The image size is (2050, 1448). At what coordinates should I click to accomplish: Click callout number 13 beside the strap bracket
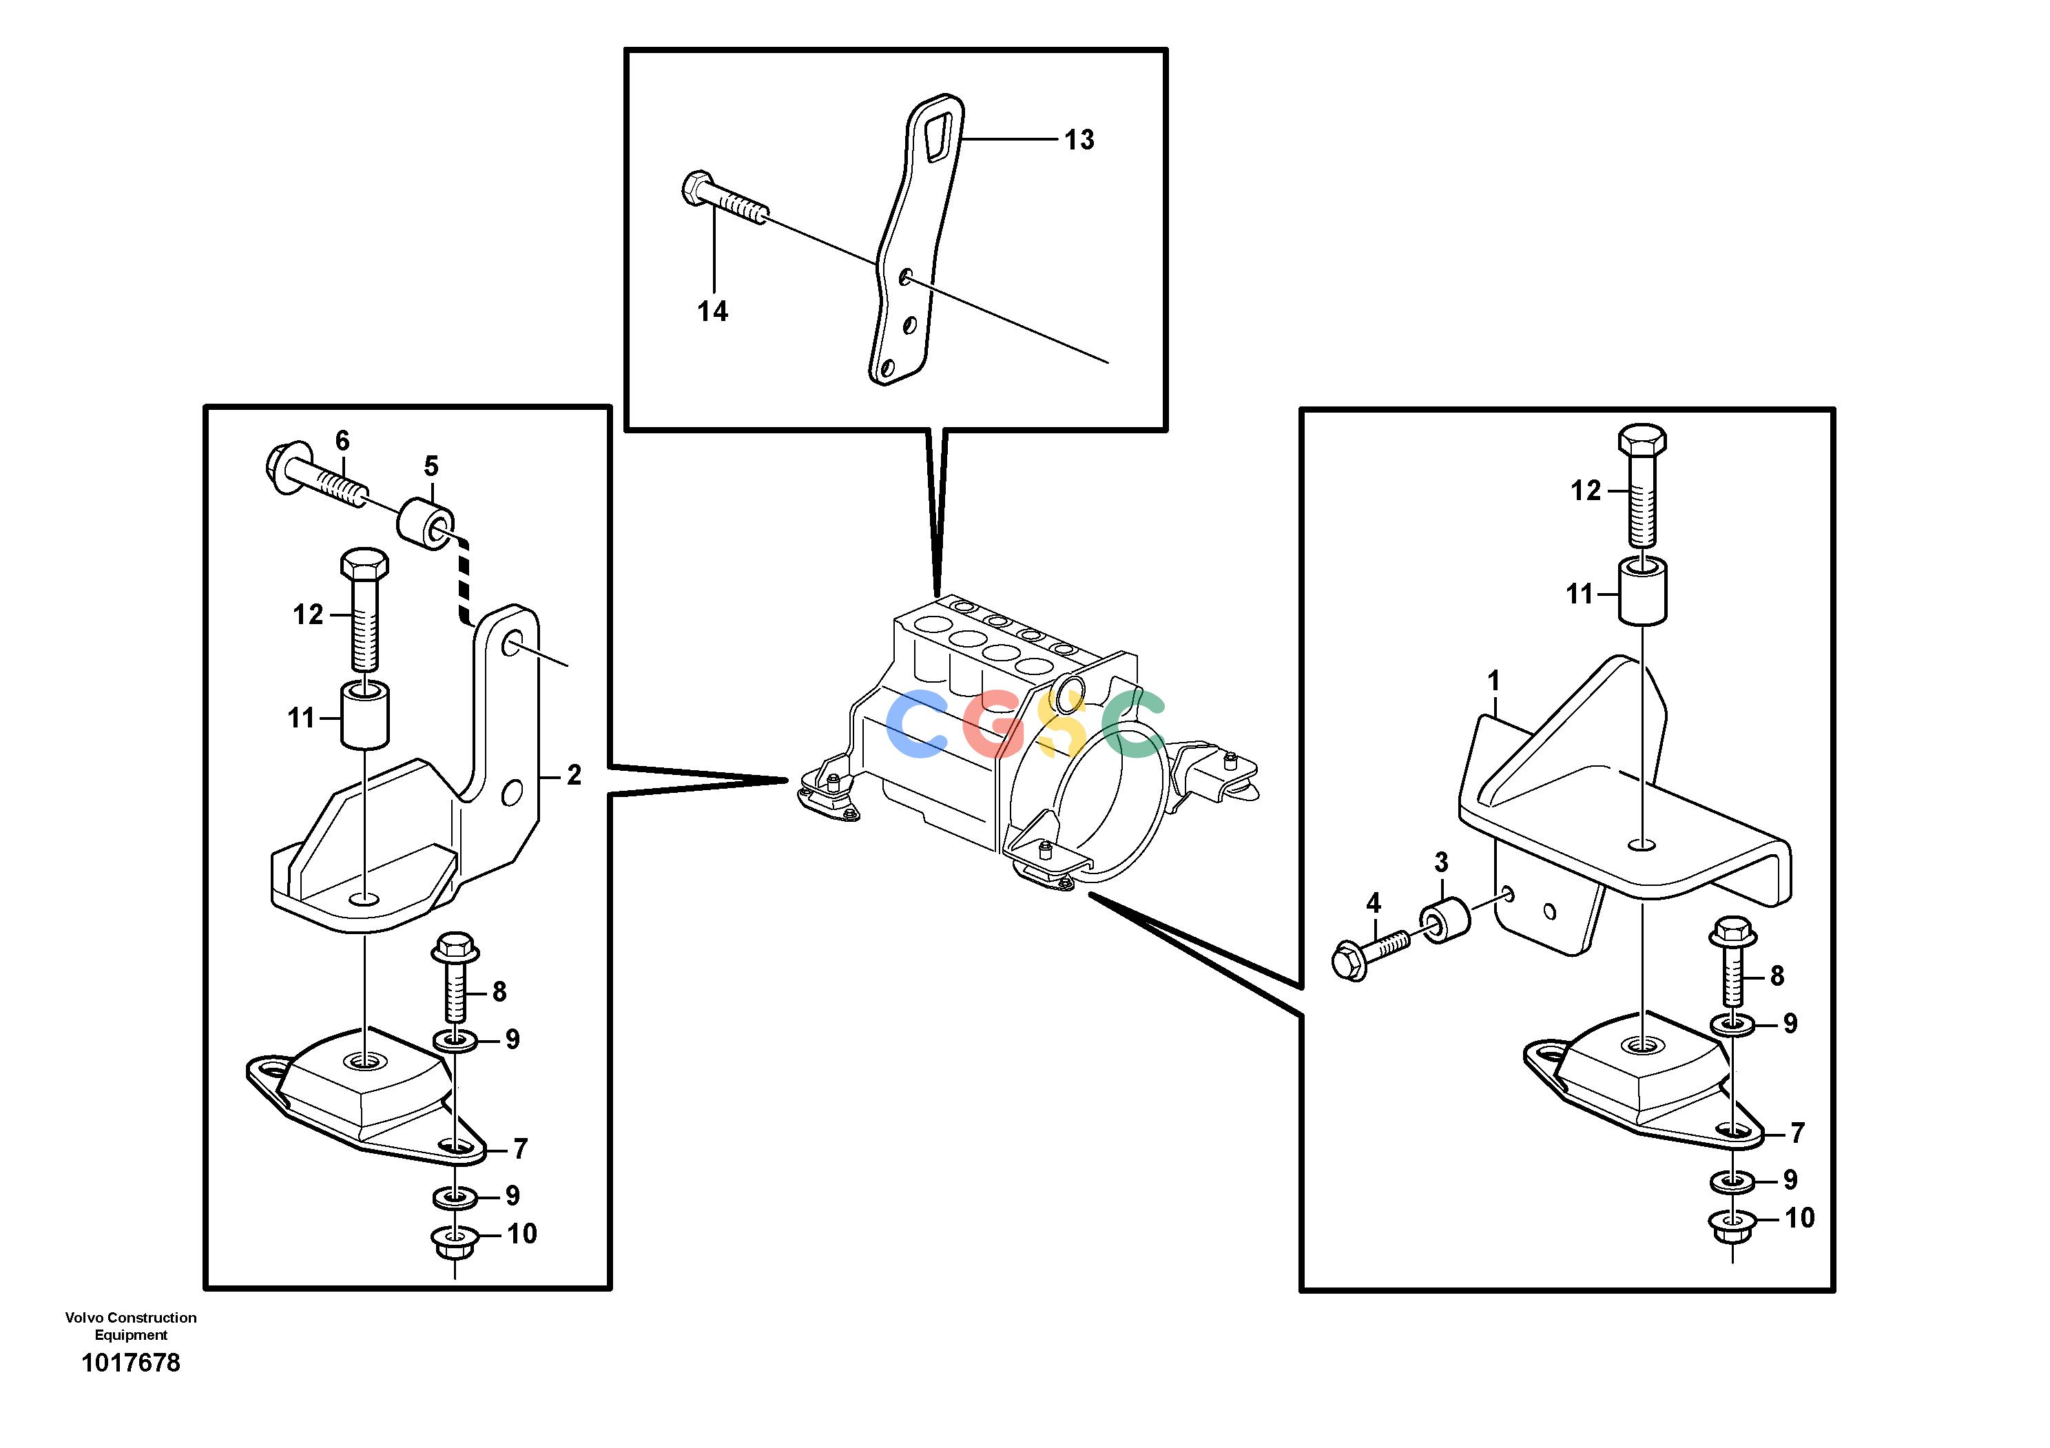[x=1079, y=139]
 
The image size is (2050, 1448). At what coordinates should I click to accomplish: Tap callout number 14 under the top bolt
[x=712, y=311]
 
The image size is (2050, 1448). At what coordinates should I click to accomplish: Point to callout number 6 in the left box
[x=342, y=440]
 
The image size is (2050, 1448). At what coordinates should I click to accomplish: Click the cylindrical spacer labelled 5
[x=426, y=525]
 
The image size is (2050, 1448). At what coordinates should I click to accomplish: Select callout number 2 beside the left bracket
[x=574, y=775]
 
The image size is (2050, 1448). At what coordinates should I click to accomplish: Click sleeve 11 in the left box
[x=366, y=717]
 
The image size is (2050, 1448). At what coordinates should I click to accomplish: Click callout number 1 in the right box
[x=1493, y=681]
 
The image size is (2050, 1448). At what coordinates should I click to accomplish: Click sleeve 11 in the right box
[x=1643, y=590]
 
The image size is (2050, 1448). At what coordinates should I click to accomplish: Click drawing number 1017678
[x=132, y=1363]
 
